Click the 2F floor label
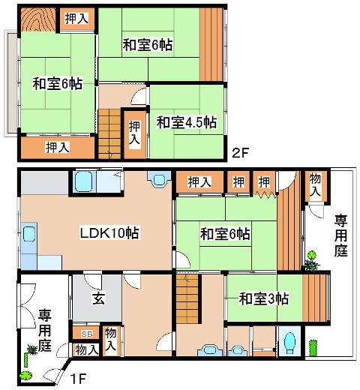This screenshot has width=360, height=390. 240,153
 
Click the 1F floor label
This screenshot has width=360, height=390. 78,379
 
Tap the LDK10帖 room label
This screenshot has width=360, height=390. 109,232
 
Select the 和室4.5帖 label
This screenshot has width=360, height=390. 186,122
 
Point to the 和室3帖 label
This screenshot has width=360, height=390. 264,298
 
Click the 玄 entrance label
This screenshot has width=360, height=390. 99,298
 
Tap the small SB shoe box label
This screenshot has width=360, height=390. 87,334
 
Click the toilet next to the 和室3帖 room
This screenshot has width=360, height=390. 289,343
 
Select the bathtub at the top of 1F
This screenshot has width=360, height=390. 83,181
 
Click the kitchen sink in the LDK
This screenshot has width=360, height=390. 29,234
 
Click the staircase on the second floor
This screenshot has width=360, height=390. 109,134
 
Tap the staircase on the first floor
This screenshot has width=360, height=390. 187,299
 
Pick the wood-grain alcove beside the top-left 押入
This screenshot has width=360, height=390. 38,19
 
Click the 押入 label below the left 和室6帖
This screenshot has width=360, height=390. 58,148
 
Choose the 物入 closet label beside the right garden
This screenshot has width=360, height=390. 315,184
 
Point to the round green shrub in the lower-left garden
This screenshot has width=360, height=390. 25,375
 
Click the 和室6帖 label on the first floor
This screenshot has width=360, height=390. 225,234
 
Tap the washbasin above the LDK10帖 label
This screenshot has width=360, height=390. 159,178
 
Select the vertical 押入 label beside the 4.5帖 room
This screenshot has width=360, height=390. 134,133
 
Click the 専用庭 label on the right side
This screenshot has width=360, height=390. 341,235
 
